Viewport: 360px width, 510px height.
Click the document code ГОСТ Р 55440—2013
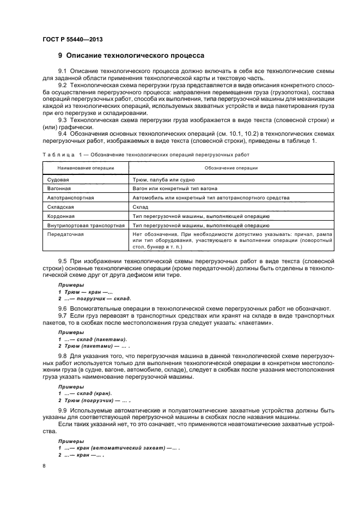[72, 39]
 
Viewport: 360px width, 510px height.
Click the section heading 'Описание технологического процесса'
[135, 56]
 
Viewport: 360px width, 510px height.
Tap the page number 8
[44, 466]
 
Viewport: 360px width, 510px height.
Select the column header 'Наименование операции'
[86, 168]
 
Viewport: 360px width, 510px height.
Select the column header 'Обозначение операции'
[231, 168]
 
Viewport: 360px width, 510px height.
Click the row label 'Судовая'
[58, 179]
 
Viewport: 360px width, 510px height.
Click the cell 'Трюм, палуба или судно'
[163, 179]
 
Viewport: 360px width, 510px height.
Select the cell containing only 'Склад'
[141, 207]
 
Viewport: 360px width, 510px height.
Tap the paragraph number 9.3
[62, 119]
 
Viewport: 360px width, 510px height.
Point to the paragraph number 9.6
[62, 309]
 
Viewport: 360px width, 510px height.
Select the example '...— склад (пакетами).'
[96, 339]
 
